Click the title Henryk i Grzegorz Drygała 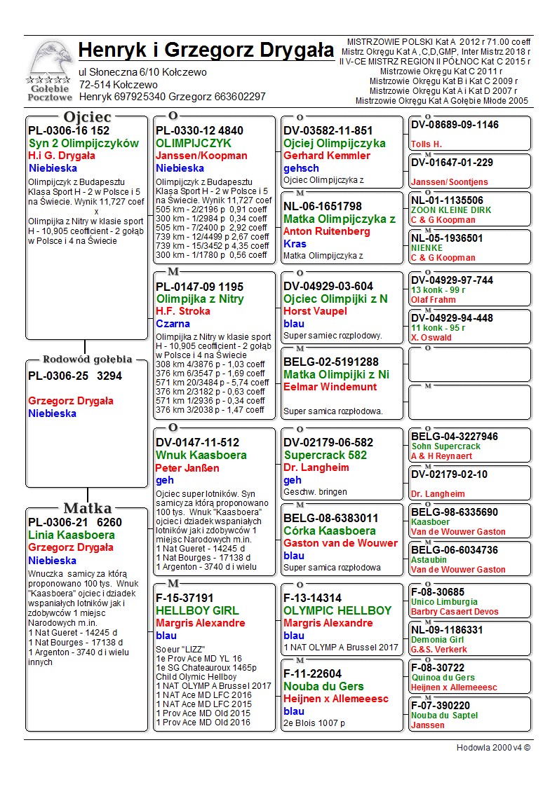pos(206,50)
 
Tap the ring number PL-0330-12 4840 pos(200,131)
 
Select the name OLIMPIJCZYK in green pos(194,144)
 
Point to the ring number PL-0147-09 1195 pos(200,287)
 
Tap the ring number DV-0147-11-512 pos(198,443)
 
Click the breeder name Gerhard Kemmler pos(326,156)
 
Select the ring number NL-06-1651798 pos(323,207)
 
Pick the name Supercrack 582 pos(325,456)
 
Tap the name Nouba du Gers pos(323,686)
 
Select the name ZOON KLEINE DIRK pos(451,210)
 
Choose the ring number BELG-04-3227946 pos(455,437)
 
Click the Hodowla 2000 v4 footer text pos(493,748)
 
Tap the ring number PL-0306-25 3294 pos(75,376)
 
